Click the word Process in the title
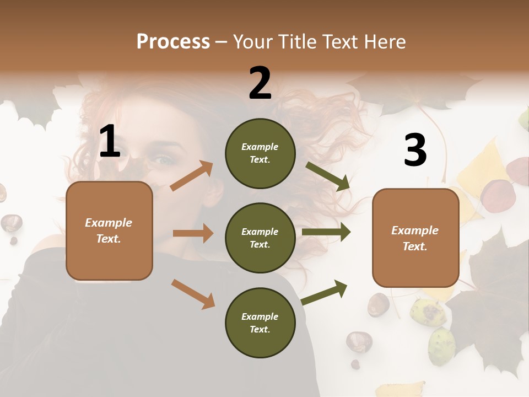173,41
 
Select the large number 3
415,150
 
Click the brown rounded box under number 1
109,230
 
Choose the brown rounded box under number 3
415,238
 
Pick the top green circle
260,153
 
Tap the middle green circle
260,238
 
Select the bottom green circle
260,323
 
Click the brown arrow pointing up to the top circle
191,176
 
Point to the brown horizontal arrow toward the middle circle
193,233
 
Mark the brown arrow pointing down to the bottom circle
193,293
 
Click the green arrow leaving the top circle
328,176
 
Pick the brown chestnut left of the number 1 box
11,223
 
